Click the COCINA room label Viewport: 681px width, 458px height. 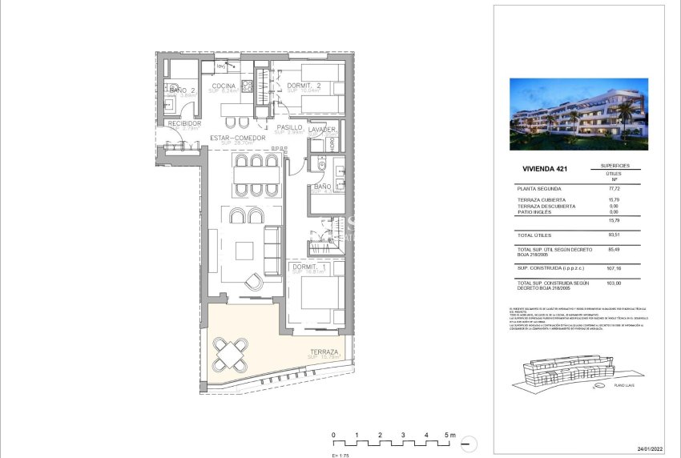[x=224, y=86]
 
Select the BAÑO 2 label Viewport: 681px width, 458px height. [x=183, y=90]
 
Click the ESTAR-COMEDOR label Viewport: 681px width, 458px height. [x=237, y=138]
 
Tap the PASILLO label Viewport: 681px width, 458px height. [x=289, y=127]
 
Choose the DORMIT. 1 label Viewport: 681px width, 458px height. [x=308, y=267]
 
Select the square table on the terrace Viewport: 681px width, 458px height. [x=231, y=353]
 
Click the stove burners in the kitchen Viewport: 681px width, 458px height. [x=248, y=86]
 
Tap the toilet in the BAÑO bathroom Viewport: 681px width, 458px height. [x=320, y=166]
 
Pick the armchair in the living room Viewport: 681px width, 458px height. [x=254, y=281]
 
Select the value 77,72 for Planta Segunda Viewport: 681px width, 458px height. [x=615, y=187]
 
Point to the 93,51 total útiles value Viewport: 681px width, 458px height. [x=615, y=235]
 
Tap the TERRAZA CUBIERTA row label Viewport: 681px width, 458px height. [x=542, y=199]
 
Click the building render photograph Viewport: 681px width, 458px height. [x=578, y=114]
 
